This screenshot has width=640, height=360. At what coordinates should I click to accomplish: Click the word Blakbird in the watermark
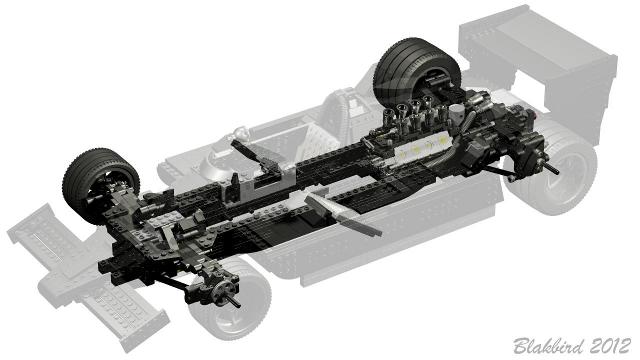(x=548, y=347)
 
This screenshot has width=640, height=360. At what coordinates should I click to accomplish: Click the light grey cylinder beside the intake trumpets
(x=457, y=110)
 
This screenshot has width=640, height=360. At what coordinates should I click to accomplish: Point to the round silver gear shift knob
(x=240, y=132)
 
